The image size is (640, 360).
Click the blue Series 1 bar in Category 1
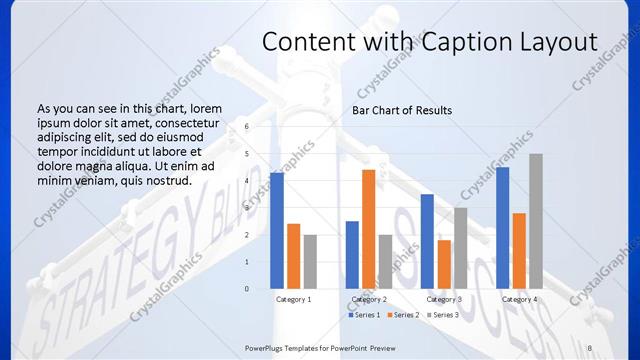(x=277, y=231)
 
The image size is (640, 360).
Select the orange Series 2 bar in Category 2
(x=368, y=229)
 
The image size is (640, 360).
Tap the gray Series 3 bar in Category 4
(x=536, y=221)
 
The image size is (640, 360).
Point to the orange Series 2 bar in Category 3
(x=443, y=264)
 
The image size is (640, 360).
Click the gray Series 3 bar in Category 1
(x=310, y=262)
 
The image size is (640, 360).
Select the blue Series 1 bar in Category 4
(x=503, y=228)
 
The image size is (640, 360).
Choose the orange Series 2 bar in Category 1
(x=294, y=256)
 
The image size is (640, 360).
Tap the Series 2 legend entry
(x=404, y=315)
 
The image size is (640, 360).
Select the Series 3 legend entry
(x=443, y=315)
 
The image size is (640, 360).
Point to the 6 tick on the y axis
(x=247, y=126)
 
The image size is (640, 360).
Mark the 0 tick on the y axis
(x=247, y=289)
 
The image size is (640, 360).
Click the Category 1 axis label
(x=293, y=299)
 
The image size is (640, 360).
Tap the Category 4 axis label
(x=519, y=299)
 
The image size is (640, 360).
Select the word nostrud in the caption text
(x=164, y=180)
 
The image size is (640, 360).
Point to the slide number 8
(x=589, y=346)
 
